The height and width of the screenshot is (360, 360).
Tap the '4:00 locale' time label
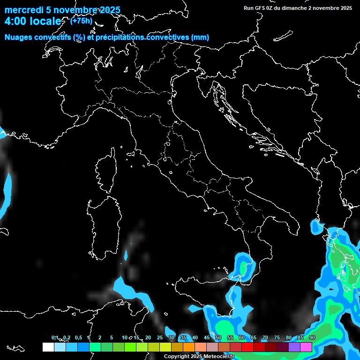coord(33,22)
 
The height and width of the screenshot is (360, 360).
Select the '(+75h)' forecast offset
coord(81,21)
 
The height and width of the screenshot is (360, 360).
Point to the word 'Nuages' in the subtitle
coord(19,37)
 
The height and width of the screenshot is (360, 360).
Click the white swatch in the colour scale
coord(48,347)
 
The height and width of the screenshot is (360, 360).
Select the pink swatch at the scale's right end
coord(306,347)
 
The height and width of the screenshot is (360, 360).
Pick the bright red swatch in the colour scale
coord(247,347)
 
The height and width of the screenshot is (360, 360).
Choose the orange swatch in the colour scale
coord(189,347)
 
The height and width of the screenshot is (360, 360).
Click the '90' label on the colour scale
coord(312,338)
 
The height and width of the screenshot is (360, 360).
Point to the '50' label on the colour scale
coord(218,338)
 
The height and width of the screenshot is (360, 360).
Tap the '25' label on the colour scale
coord(160,338)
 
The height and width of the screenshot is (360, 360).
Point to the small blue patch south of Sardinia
coord(126,255)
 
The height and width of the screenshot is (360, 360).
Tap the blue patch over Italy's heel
coord(317,228)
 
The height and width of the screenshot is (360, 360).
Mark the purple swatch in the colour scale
coord(294,347)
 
